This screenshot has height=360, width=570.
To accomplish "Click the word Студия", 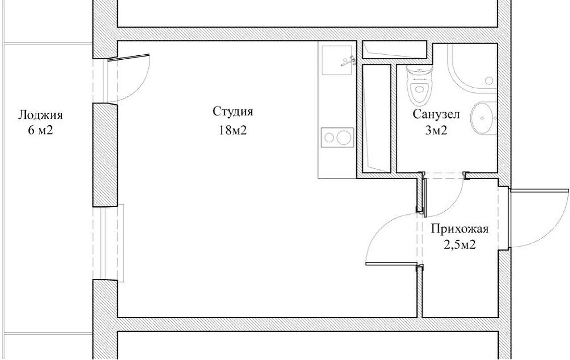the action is pyautogui.click(x=233, y=112).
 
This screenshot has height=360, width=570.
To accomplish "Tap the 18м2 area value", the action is pyautogui.click(x=233, y=131).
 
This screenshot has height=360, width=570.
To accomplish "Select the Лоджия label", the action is pyautogui.click(x=41, y=115).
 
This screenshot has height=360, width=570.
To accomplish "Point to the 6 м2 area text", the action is pyautogui.click(x=41, y=131).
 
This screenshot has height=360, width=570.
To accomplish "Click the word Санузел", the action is pyautogui.click(x=436, y=115).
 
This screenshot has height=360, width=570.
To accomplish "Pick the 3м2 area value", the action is pyautogui.click(x=436, y=131).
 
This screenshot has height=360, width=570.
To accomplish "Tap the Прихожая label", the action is pyautogui.click(x=460, y=229).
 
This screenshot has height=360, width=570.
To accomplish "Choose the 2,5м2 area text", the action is pyautogui.click(x=460, y=245).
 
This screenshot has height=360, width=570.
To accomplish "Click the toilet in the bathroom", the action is pyautogui.click(x=419, y=85).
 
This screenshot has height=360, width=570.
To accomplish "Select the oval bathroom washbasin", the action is pyautogui.click(x=483, y=118).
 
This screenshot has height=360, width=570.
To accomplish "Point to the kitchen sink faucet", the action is pyautogui.click(x=349, y=61).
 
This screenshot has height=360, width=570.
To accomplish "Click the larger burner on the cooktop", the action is pyautogui.click(x=344, y=138).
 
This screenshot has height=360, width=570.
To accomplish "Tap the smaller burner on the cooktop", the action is pyautogui.click(x=329, y=138).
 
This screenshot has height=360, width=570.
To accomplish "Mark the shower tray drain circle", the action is pyautogui.click(x=489, y=81).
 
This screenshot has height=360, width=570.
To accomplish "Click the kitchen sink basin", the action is pyautogui.click(x=337, y=60).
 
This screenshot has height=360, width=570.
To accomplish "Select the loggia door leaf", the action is pyautogui.click(x=129, y=57).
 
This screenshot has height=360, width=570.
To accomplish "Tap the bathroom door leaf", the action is pyautogui.click(x=424, y=197).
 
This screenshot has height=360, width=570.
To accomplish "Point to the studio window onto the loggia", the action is pyautogui.click(x=108, y=243).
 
